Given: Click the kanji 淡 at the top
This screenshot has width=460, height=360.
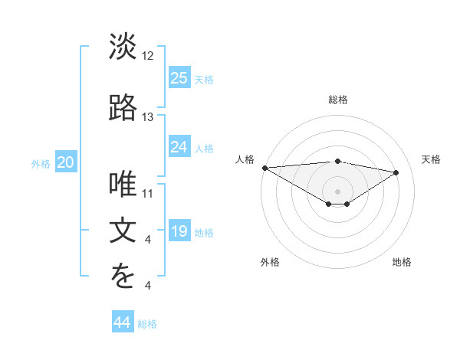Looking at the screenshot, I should tap(123, 47).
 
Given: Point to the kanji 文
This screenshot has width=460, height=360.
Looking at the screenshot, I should tap(123, 231).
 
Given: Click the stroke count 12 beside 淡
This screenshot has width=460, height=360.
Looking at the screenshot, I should tap(148, 57).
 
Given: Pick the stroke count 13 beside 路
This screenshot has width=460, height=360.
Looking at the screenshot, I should tap(148, 117).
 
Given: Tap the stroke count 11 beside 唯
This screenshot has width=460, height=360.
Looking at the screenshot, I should tap(148, 194).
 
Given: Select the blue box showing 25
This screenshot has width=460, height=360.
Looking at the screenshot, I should tap(179, 78).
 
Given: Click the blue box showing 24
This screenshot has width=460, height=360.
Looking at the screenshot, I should tap(179, 147).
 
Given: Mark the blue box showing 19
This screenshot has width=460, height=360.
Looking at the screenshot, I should tap(179, 231).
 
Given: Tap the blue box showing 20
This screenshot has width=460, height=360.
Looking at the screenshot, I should tap(66, 162).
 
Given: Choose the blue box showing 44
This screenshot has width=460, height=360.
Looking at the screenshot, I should tap(123, 322).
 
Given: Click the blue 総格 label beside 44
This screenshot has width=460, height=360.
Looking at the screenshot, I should tap(147, 324).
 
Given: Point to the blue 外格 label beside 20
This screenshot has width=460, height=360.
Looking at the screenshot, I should tap(41, 163).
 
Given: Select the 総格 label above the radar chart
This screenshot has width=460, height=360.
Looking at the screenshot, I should tap(337, 100).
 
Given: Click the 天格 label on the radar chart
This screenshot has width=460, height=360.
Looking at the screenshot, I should tap(431, 159).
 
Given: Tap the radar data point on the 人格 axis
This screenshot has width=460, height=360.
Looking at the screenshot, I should tap(264, 168).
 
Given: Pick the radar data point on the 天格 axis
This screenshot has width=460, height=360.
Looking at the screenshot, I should tap(396, 172).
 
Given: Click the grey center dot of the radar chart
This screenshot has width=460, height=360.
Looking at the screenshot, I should tap(337, 190).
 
